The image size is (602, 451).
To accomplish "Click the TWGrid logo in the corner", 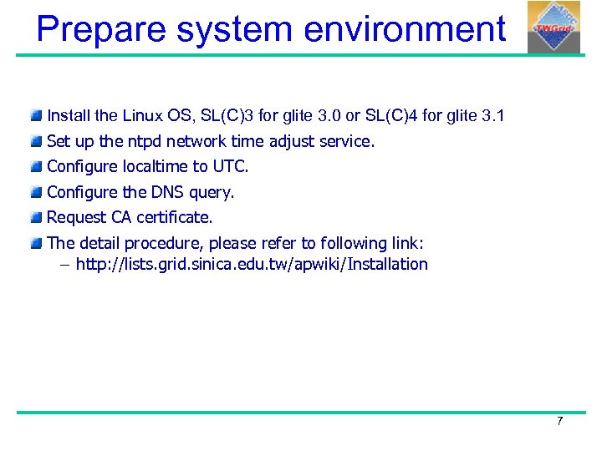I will coord(554,27).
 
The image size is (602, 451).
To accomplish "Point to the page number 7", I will coord(559,421).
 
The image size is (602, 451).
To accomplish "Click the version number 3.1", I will coord(494,115).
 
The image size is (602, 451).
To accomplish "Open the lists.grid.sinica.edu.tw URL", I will coord(252,265).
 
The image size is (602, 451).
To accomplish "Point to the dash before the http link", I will coord(64,265).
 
